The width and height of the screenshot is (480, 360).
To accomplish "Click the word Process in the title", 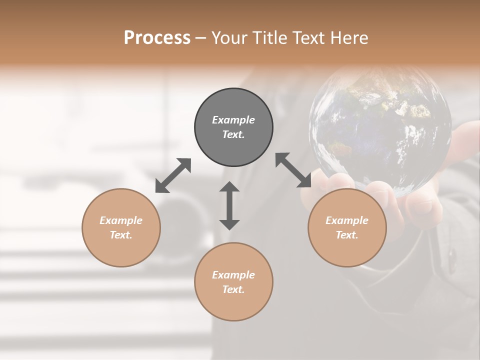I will pos(157,38).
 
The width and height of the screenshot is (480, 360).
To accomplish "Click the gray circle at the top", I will pos(233,145).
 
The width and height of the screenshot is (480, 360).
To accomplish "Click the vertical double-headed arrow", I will pos(229,205).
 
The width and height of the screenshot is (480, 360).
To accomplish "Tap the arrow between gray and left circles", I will pos(173,175).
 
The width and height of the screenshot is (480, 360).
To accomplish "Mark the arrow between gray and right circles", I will pos(293,170).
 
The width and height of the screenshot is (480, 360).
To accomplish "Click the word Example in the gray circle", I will pos(233,120).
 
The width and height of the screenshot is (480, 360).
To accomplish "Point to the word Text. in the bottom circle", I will pos(233,289).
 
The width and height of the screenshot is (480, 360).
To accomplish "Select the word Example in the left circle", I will pos(121,220).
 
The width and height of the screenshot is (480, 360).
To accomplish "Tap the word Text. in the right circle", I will pos(347,235).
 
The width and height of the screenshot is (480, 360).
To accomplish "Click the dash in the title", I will pos(201,38).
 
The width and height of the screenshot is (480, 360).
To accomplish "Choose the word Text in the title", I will pos(307,38).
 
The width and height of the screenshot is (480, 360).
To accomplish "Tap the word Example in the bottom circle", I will pos(233,275).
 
